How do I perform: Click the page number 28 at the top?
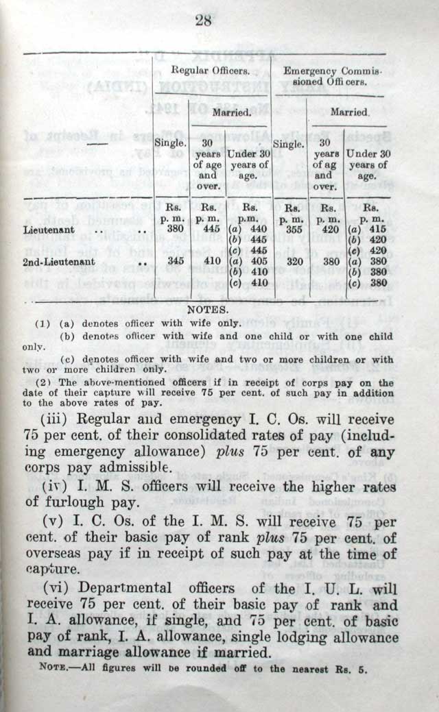[203, 21]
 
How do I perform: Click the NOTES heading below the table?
[203, 309]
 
